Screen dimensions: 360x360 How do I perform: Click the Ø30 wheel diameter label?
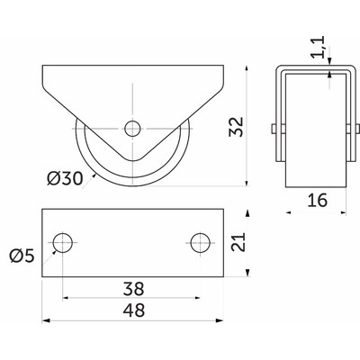tap(65, 179)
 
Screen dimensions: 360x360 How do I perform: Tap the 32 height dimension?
tap(236, 127)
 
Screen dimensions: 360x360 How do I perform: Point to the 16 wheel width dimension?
tap(318, 201)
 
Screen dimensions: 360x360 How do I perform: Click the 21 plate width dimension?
tap(238, 242)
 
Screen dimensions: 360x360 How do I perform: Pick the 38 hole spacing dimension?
tap(134, 289)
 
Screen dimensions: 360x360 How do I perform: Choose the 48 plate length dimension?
tap(134, 310)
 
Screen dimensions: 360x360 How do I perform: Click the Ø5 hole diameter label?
tap(22, 256)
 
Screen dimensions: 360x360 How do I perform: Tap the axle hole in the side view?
tap(132, 129)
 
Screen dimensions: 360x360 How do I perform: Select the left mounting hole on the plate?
tap(63, 242)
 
